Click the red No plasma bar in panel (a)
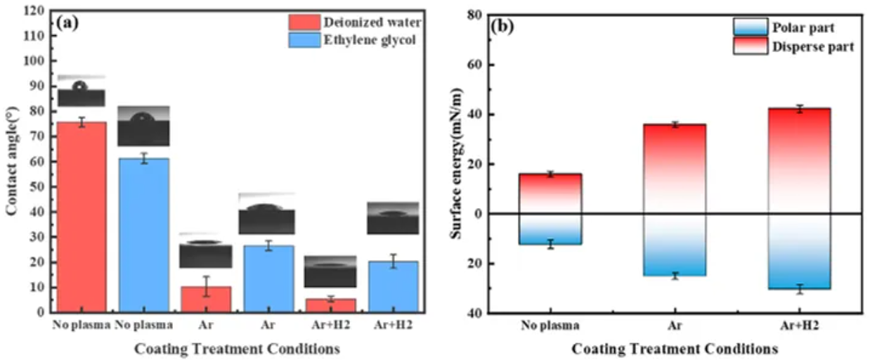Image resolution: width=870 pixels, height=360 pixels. pos(82,217)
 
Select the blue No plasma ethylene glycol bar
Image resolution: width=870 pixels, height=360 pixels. pos(143,235)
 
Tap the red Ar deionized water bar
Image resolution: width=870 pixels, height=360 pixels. pos(204,299)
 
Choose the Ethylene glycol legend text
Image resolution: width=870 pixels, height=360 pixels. pos(365,40)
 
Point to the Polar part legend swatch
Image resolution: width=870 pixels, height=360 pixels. pos(750,27)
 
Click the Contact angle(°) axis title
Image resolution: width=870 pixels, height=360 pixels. pos(12,162)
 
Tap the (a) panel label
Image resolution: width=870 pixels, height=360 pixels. pos(68,22)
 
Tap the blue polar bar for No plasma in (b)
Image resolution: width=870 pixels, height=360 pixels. pos(550,229)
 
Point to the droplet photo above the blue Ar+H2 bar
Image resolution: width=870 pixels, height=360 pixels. pos(393,218)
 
